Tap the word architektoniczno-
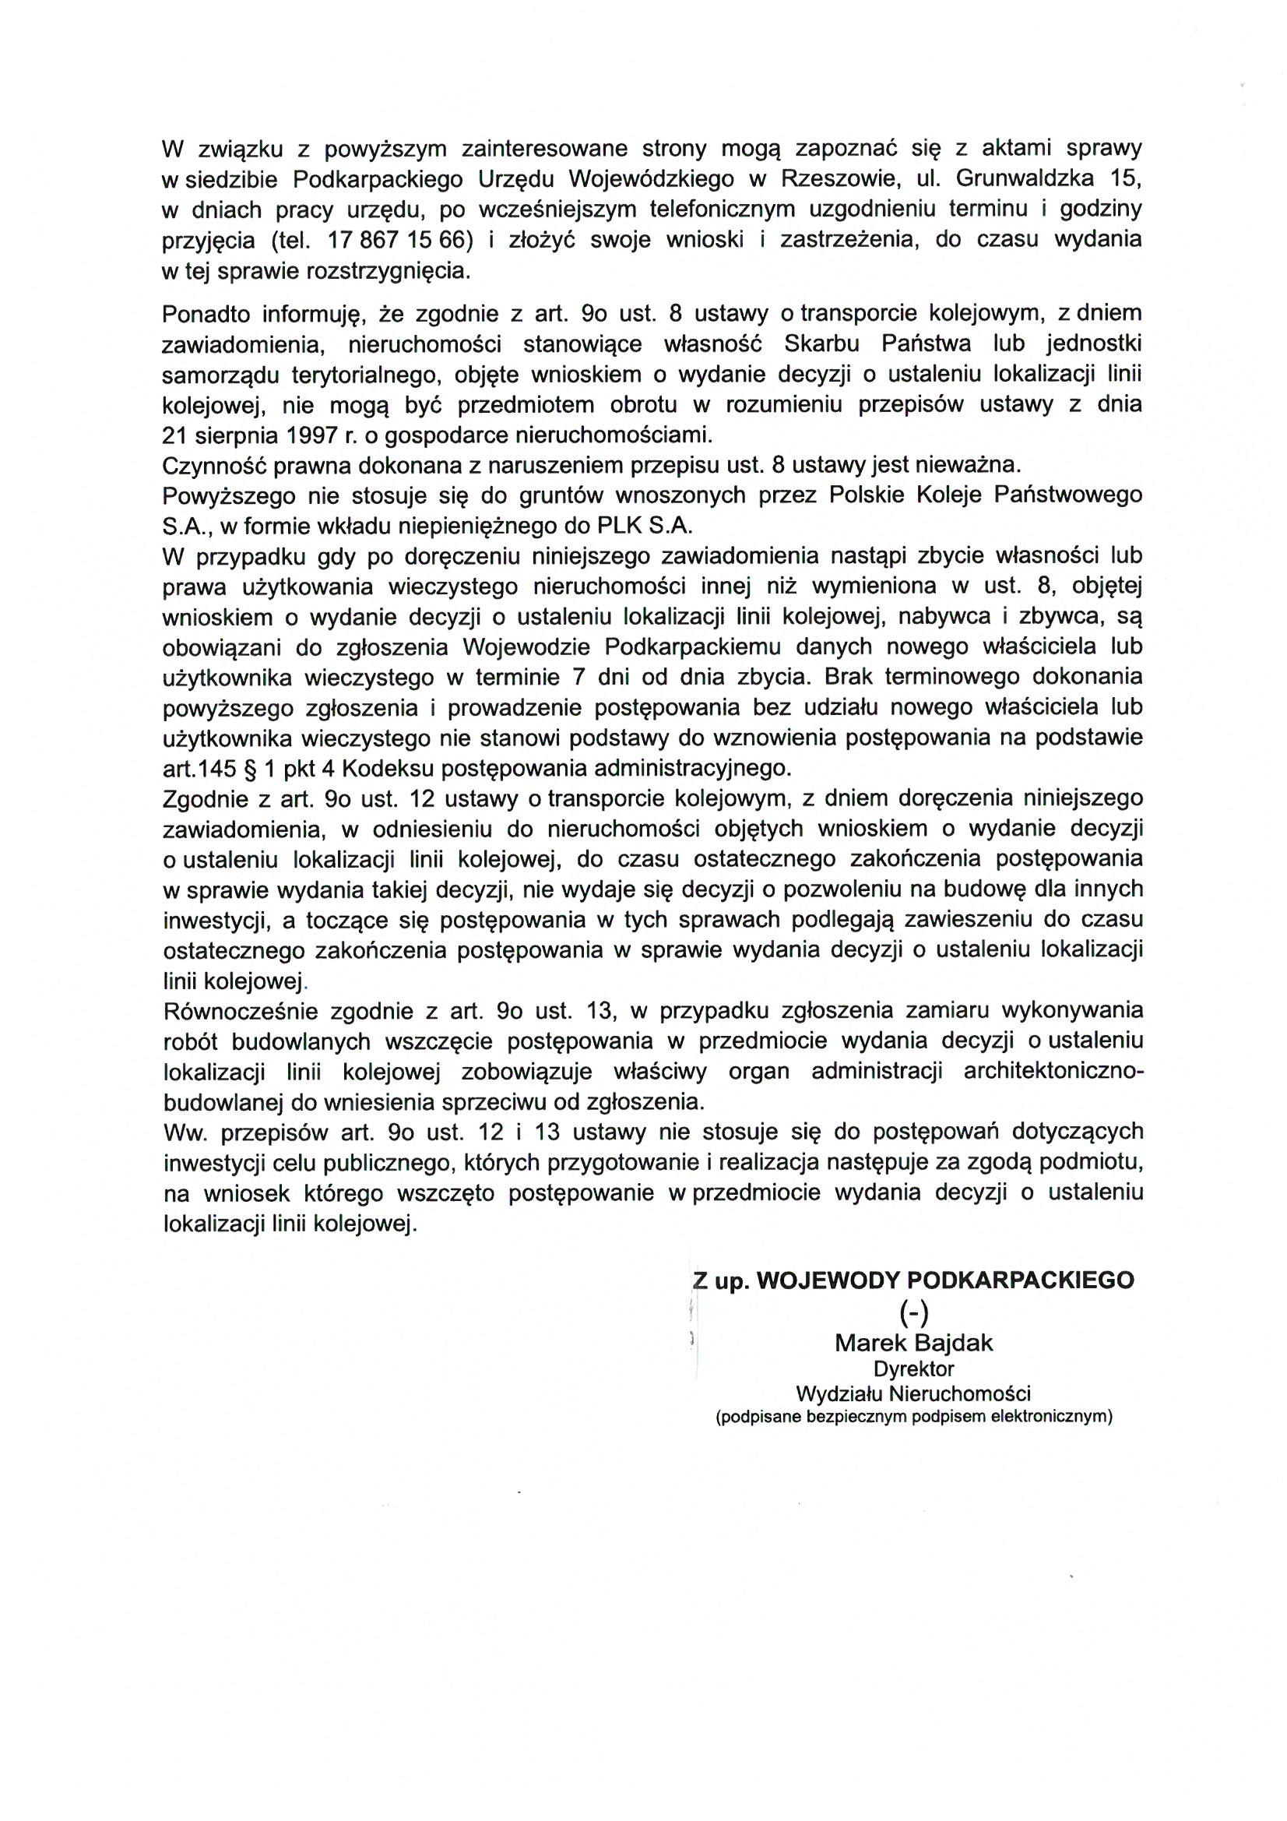1053,1072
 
